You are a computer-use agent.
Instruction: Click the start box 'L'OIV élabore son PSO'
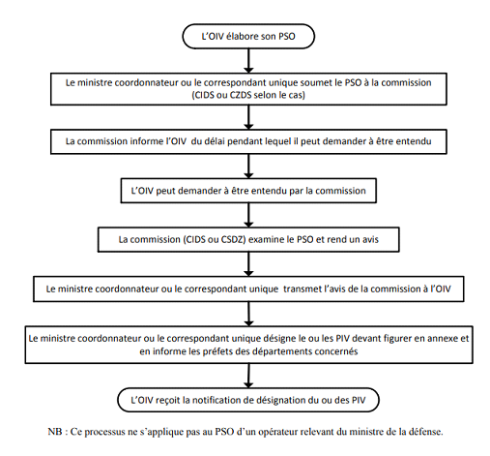248,36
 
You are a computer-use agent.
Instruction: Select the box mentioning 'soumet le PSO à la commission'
248,89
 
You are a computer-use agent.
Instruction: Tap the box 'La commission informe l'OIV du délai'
248,141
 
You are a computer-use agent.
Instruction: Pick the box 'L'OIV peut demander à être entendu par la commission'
248,191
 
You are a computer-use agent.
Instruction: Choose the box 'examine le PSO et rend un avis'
248,239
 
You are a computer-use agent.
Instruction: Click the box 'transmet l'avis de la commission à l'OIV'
248,289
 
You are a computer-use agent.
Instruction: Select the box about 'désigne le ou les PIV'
248,345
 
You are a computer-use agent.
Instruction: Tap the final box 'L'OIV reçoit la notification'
248,400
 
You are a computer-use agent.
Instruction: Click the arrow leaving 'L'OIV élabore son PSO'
248,61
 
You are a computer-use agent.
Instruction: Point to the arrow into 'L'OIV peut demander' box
248,167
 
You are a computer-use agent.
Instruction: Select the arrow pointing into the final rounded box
248,376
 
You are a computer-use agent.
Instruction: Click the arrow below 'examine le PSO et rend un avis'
248,264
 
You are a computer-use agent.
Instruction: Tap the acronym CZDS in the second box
241,95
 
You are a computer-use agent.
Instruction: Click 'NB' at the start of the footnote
55,432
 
